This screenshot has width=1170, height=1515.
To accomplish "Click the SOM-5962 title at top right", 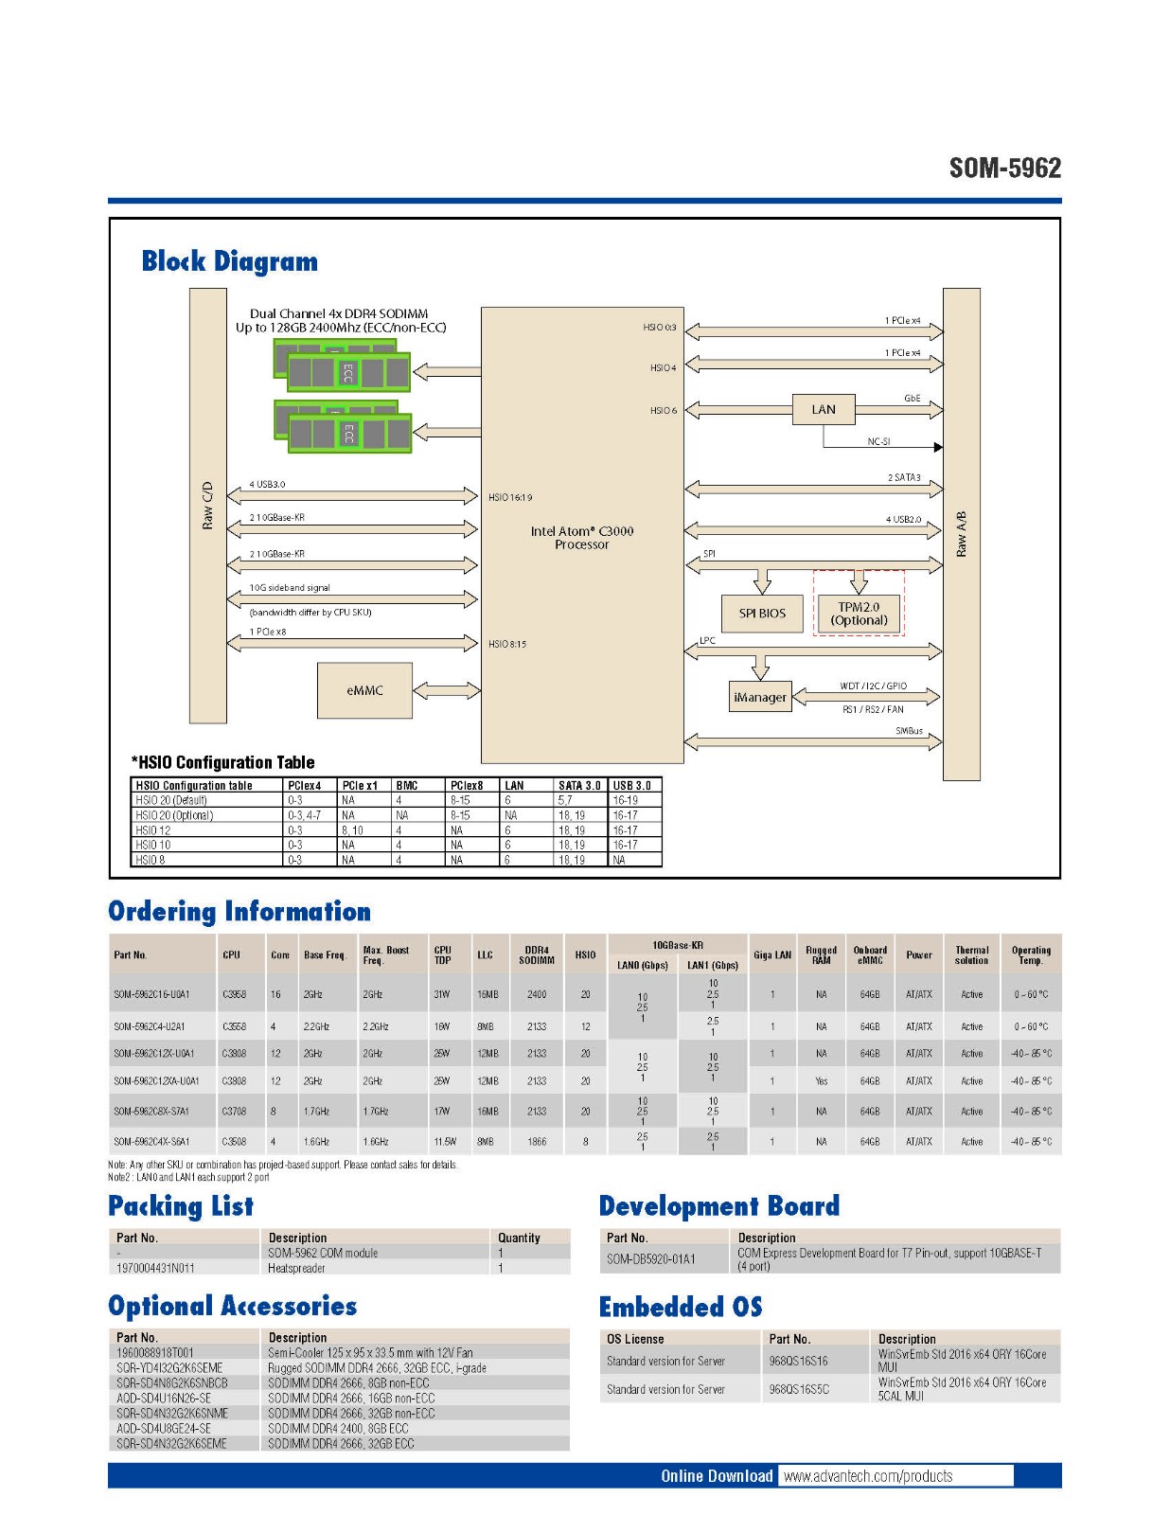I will tap(1004, 169).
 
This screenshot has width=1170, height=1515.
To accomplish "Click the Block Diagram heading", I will tap(229, 261).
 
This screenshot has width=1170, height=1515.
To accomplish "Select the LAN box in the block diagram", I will tap(824, 409).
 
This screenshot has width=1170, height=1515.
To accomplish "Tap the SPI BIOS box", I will tap(762, 613).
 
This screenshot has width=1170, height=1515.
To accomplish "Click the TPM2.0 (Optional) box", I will tap(859, 614).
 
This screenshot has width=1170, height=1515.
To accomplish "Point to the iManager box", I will tap(760, 697).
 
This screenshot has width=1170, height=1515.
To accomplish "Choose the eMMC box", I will tap(364, 690).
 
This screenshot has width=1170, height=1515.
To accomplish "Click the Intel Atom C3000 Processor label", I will tap(581, 537).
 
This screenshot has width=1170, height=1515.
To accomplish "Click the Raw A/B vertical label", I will tap(961, 534).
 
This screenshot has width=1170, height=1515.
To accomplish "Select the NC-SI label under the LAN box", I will tap(878, 441).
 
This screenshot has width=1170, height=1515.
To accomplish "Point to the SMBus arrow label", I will tap(909, 730).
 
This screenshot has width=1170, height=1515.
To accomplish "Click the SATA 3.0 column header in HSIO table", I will tap(579, 785).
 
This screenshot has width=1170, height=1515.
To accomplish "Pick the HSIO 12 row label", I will tap(153, 830).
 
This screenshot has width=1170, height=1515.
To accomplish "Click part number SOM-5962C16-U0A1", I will tap(151, 994).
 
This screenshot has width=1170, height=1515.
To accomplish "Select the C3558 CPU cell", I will tap(234, 1026).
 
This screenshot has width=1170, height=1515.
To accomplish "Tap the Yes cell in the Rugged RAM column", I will tap(821, 1080).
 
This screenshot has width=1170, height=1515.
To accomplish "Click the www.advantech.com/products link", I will tap(868, 1476).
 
